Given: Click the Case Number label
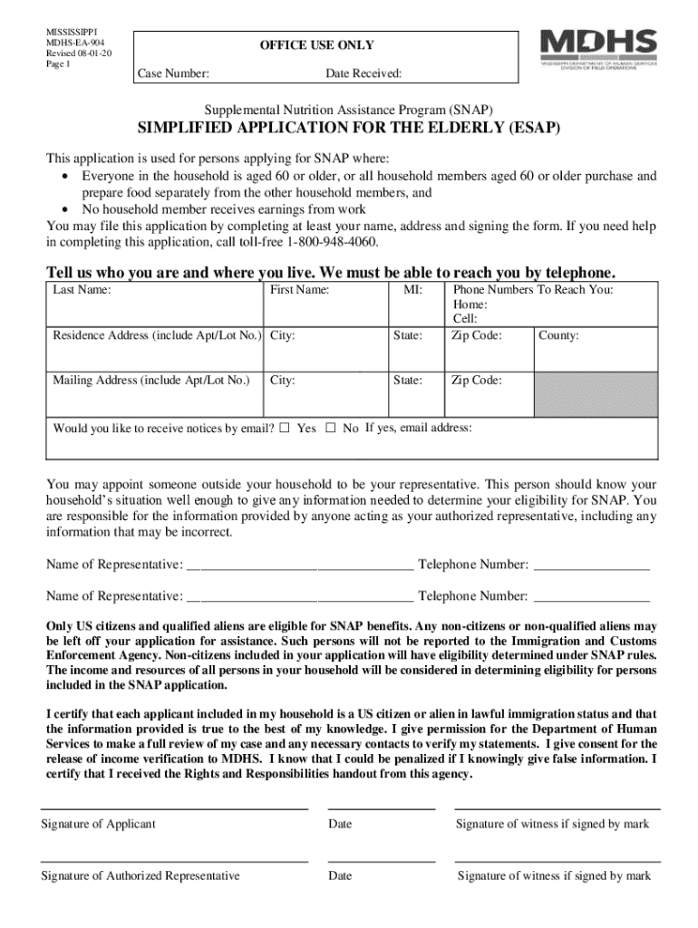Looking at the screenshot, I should point(173,72).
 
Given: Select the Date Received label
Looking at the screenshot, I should point(364,72).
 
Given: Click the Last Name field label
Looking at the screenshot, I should point(82,290).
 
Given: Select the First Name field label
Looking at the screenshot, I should point(299,290).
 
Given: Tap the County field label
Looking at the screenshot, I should point(558,336).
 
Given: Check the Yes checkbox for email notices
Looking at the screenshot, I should point(285,428).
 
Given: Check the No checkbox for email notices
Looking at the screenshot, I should point(330,428).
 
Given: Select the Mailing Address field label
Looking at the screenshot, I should point(150,381).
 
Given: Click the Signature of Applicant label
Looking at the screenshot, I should point(98,824).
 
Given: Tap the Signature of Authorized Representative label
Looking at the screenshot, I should point(141,875).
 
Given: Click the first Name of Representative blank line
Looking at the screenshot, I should point(299,566).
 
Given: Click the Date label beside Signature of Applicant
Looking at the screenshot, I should point(340,824).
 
